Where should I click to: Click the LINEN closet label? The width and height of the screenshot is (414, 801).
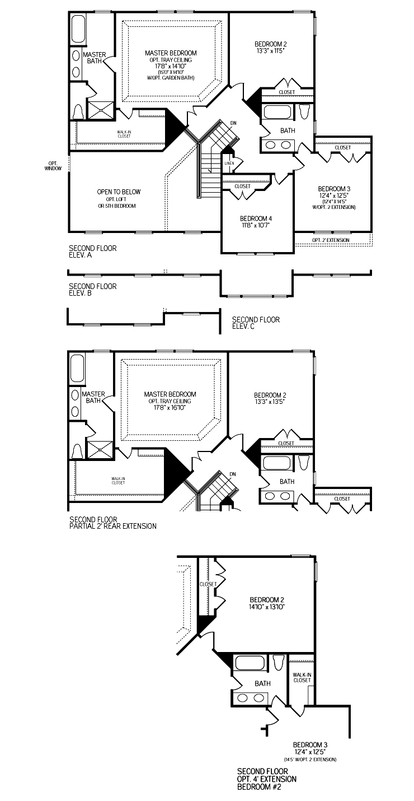click(x=229, y=164)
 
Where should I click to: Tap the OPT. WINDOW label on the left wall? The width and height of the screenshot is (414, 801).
click(x=53, y=166)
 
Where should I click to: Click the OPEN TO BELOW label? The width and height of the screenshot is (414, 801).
click(x=119, y=192)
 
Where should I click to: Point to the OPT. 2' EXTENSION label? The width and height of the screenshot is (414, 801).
click(x=331, y=240)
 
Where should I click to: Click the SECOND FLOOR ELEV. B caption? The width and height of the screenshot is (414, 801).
click(x=92, y=290)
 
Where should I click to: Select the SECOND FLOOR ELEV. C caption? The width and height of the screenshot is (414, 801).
click(x=256, y=323)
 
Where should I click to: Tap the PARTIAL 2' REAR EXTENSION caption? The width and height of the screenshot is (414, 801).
click(x=113, y=526)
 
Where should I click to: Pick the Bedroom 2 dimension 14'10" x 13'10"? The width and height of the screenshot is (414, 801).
click(x=267, y=607)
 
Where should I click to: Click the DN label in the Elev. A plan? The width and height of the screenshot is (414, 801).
click(x=233, y=123)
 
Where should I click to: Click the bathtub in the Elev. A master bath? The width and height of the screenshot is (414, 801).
click(x=78, y=29)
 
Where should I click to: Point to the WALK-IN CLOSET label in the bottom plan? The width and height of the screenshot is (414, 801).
click(x=302, y=677)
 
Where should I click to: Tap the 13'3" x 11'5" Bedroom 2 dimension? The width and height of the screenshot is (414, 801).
click(x=270, y=51)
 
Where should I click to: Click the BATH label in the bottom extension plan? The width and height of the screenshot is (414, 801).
click(x=262, y=683)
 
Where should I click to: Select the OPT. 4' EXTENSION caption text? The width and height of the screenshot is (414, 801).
click(x=267, y=779)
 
